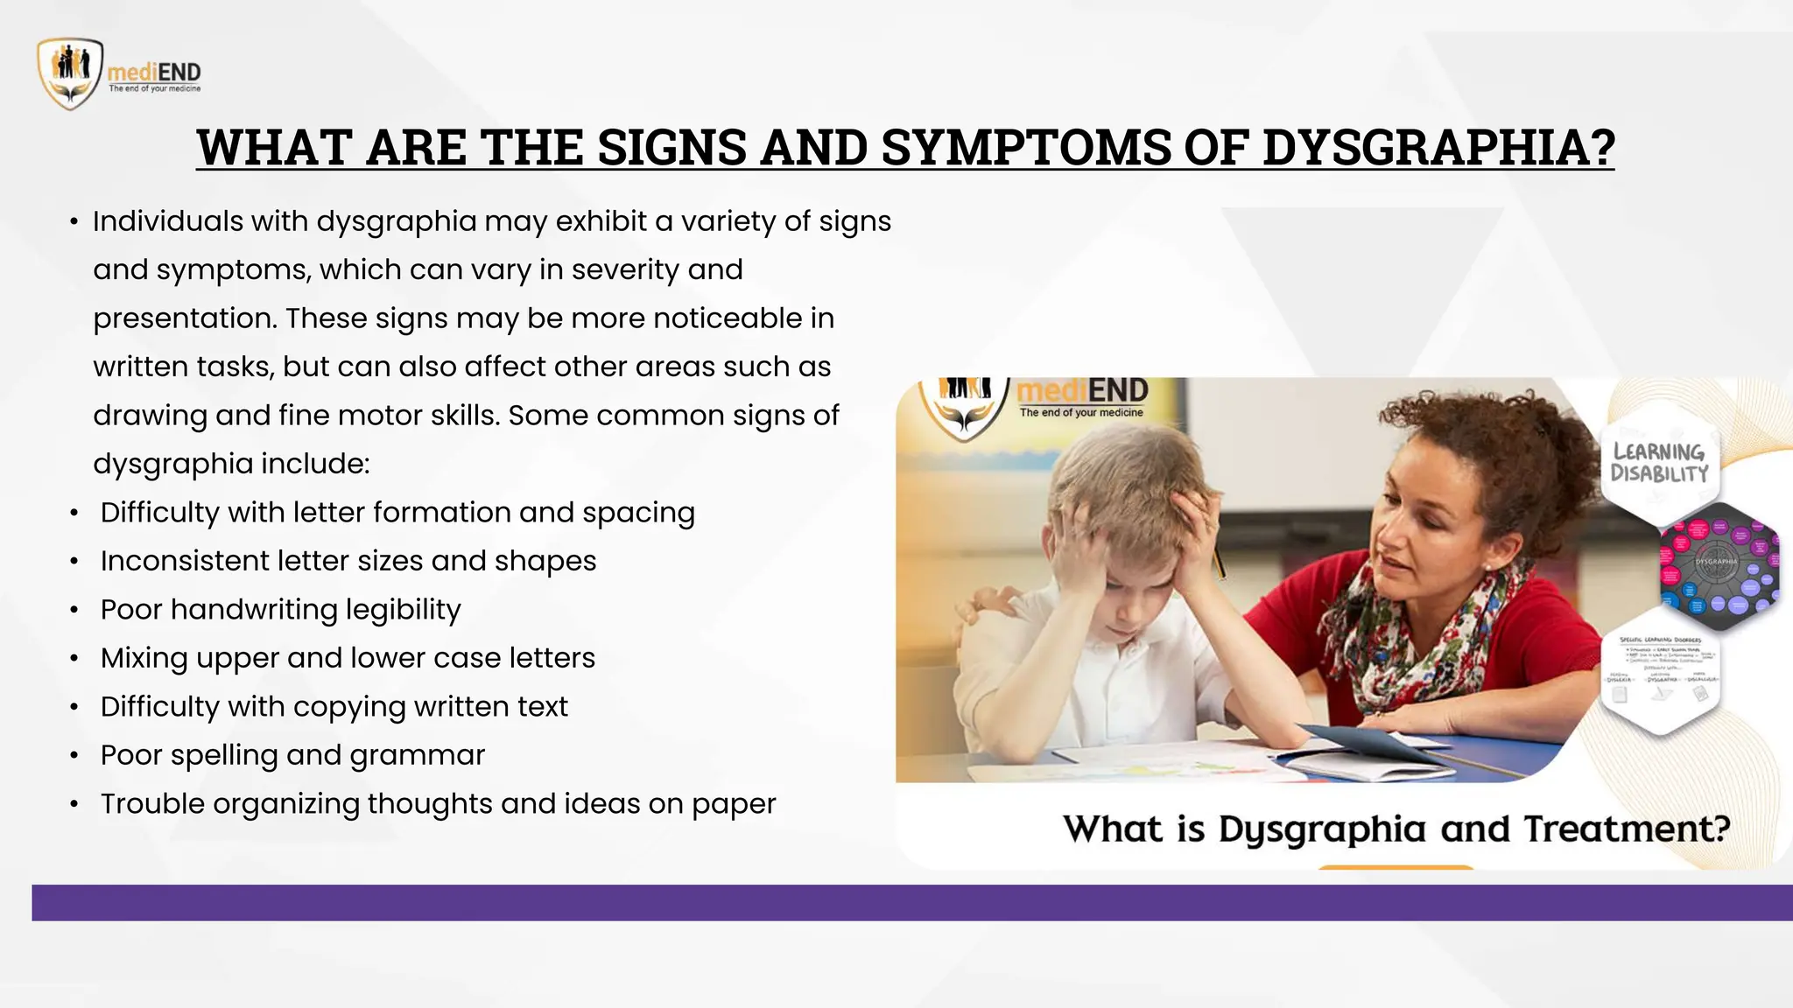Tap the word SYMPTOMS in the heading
coord(1025,147)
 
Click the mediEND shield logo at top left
coord(70,73)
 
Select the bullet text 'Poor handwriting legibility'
coord(280,610)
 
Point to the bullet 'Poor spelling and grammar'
coord(292,755)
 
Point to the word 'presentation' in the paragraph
coord(185,318)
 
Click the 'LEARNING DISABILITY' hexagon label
coord(1659,462)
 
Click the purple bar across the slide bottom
coord(911,902)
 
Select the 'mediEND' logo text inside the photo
coord(1083,391)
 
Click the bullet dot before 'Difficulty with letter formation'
coord(74,514)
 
